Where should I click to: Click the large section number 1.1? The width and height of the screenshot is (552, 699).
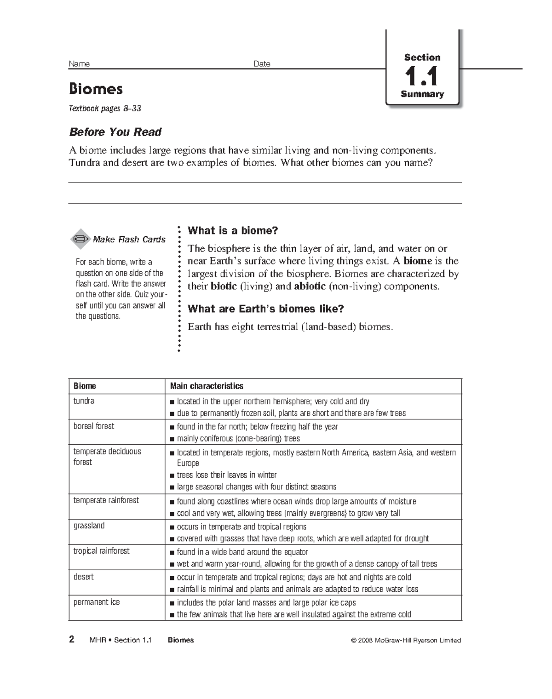point(421,76)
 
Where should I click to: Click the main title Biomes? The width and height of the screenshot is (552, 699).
point(96,88)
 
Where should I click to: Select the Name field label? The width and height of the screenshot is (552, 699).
point(79,64)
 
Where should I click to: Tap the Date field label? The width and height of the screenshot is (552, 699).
point(262,64)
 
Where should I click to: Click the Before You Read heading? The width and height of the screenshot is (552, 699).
point(115,132)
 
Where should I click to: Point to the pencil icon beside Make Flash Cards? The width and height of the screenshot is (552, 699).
point(80,239)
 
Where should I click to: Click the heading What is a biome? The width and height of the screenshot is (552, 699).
point(233,230)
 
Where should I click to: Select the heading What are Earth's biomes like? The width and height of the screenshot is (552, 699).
point(266,309)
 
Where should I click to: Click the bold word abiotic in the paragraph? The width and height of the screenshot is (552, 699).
point(310,286)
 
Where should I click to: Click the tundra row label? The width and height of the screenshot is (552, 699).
point(84,401)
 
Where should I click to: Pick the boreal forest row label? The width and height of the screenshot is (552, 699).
point(94,426)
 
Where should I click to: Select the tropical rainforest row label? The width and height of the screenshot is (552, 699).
point(101,550)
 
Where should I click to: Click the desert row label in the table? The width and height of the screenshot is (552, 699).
point(83,576)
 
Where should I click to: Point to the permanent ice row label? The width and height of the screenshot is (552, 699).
point(97,602)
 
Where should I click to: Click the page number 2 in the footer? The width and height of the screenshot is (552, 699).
point(71,639)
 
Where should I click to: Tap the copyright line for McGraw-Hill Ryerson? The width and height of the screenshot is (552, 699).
point(406,640)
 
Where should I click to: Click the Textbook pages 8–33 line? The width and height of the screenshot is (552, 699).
point(105,109)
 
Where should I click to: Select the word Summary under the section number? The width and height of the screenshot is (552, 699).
point(422,94)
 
